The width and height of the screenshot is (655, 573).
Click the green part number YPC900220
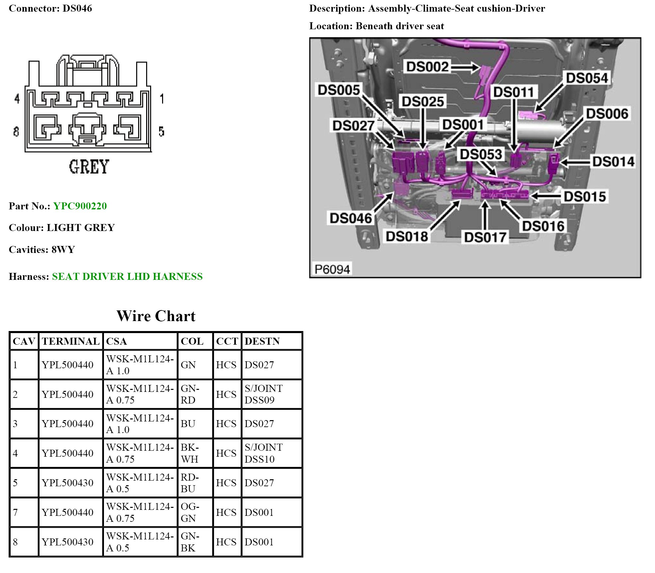[x=80, y=206]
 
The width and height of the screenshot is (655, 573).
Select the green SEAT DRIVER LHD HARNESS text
[x=127, y=277]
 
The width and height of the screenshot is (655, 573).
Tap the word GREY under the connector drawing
[x=89, y=167]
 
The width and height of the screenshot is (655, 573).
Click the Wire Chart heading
[x=156, y=316]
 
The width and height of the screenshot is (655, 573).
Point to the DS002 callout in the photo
[x=427, y=67]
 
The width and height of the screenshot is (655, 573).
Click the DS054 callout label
[x=587, y=78]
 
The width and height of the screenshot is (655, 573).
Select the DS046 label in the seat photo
[x=350, y=218]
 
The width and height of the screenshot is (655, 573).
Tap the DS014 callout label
[x=613, y=162]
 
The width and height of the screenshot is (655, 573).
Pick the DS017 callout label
[x=485, y=238]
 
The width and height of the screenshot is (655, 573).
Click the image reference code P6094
[x=332, y=269]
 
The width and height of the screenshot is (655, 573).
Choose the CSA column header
[x=116, y=341]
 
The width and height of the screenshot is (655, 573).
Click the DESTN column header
[x=262, y=341]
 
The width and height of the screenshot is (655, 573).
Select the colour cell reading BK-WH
[x=190, y=453]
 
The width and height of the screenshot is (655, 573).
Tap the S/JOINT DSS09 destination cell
[x=264, y=394]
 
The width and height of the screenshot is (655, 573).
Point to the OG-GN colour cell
[x=190, y=513]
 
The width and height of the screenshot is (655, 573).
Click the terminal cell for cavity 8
[x=67, y=542]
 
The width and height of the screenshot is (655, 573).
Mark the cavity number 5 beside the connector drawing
[x=161, y=132]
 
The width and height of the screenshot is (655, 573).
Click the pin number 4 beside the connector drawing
[x=17, y=99]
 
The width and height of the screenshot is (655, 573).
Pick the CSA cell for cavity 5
[x=140, y=483]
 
